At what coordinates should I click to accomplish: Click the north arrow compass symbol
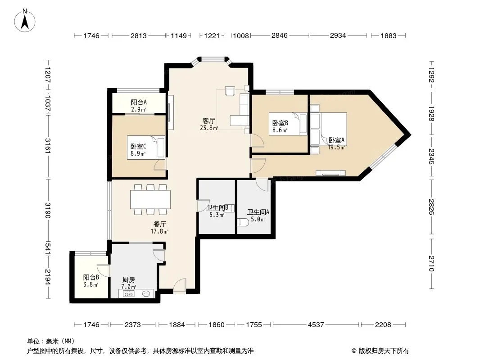click(x=25, y=21)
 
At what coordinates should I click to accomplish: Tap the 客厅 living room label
click(x=209, y=121)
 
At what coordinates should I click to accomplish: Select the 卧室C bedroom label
click(x=138, y=147)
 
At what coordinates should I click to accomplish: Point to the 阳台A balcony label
click(x=139, y=103)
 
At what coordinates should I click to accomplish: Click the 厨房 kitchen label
click(x=129, y=280)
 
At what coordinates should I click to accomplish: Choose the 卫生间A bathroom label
click(x=258, y=212)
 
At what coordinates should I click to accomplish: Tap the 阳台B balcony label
click(x=91, y=277)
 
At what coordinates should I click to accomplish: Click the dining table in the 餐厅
click(x=150, y=199)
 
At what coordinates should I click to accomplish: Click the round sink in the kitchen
click(x=146, y=294)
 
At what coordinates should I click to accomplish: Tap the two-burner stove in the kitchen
click(x=129, y=294)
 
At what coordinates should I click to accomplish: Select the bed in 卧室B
click(x=288, y=124)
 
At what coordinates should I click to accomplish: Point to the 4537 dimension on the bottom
click(x=316, y=324)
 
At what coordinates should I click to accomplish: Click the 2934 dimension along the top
click(x=338, y=36)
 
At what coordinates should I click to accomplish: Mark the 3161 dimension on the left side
click(x=48, y=146)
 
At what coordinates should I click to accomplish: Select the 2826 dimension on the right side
click(x=431, y=207)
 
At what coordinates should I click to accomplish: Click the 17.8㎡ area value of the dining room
click(x=159, y=232)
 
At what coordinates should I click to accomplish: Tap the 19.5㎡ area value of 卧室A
click(x=336, y=148)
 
